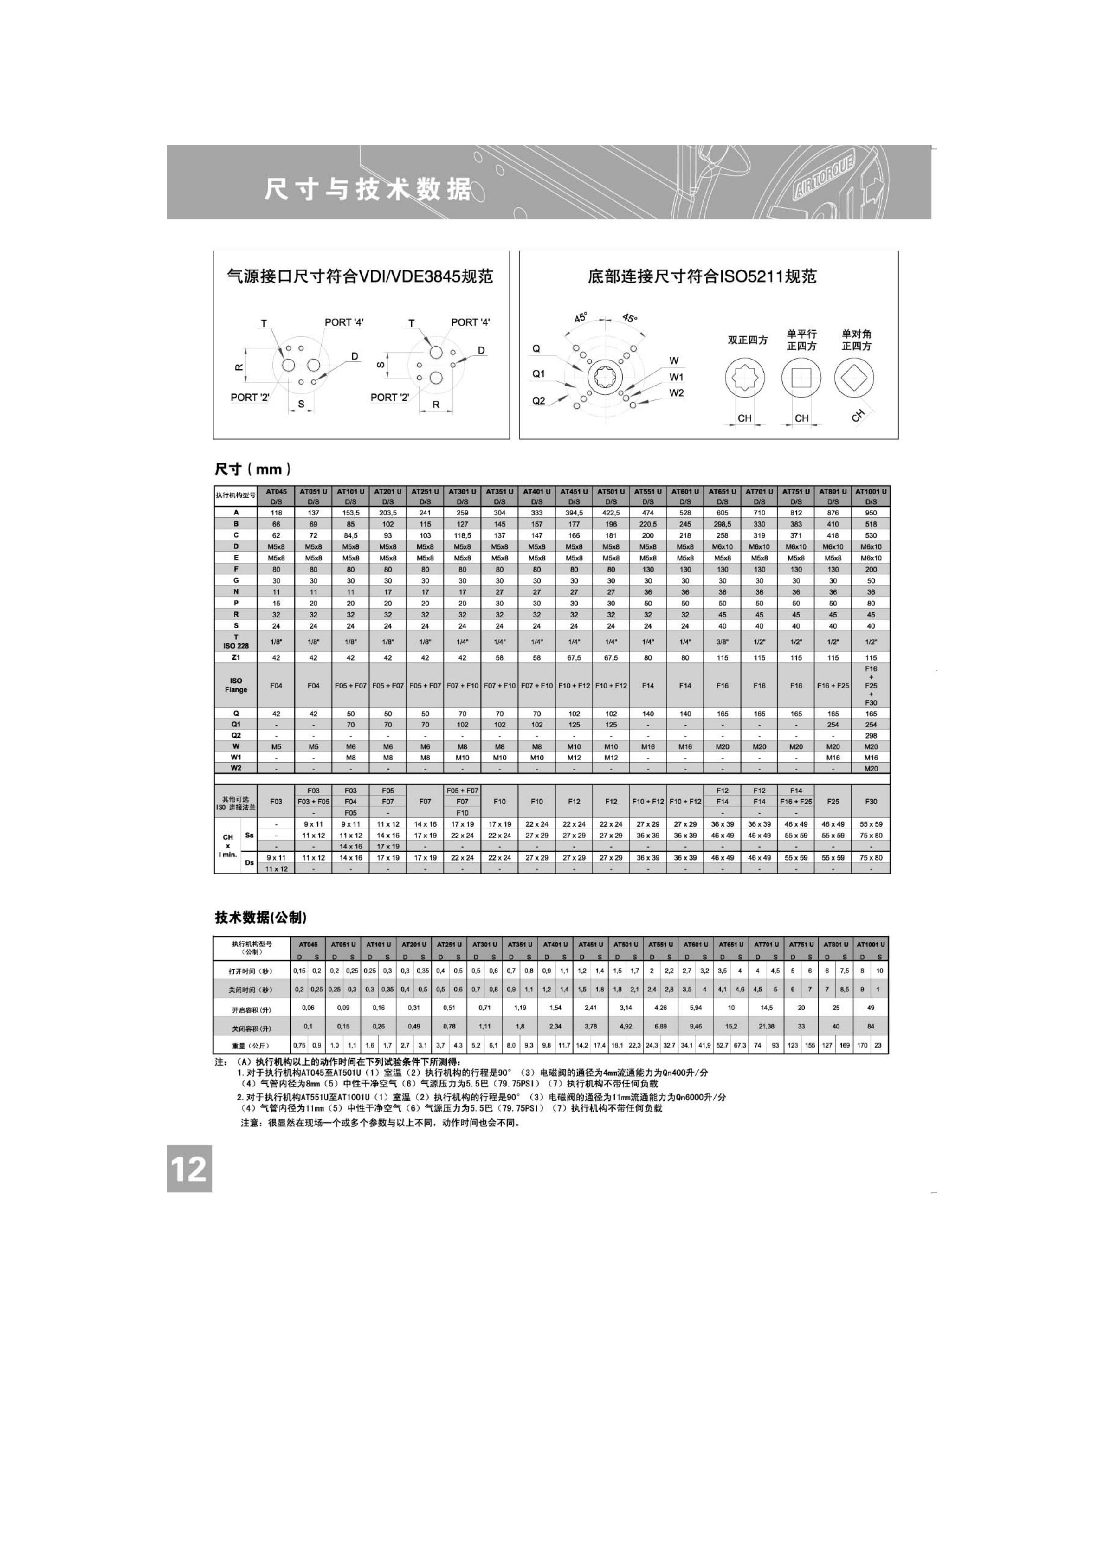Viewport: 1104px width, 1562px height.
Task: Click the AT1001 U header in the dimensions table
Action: click(871, 491)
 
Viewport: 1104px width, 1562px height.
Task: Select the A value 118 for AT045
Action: click(276, 513)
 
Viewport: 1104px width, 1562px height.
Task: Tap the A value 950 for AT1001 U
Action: click(871, 513)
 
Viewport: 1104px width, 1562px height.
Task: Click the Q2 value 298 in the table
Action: click(871, 735)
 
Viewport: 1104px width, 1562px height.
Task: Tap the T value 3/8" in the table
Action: click(722, 642)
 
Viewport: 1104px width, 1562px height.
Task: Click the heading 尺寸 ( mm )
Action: click(253, 469)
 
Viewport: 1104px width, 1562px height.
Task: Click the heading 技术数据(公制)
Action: click(261, 917)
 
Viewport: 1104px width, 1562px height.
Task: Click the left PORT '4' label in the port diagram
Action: click(344, 322)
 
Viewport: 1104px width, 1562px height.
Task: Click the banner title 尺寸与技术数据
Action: click(368, 189)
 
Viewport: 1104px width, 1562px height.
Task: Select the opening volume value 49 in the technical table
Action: click(871, 1008)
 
